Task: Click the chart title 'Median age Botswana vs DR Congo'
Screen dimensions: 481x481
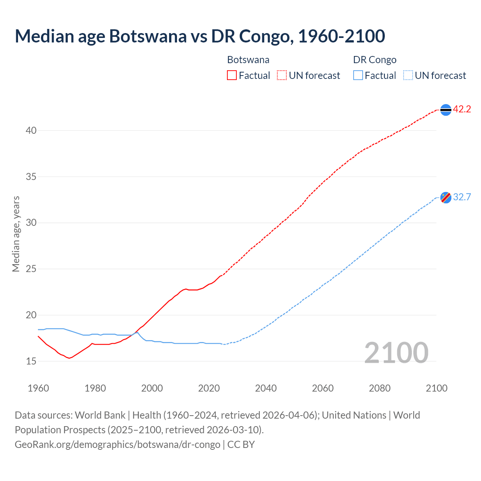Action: (200, 36)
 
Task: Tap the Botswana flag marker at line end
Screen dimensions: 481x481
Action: (446, 109)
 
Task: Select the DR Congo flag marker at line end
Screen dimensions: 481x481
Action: (446, 197)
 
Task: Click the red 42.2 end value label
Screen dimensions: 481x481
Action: (462, 109)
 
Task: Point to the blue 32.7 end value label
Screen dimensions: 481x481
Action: (462, 197)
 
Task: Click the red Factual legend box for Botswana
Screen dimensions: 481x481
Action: (232, 76)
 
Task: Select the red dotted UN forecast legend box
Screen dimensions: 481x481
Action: (282, 76)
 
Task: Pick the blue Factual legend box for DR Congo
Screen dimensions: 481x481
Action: (358, 76)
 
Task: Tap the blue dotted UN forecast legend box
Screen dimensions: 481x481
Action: (408, 76)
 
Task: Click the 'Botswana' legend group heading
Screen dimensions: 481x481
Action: (248, 60)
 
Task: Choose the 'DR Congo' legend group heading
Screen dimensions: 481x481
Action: (375, 60)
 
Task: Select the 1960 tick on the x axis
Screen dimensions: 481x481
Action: (38, 388)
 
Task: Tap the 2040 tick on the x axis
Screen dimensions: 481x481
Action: (266, 388)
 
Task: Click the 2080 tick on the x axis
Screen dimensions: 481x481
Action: (380, 388)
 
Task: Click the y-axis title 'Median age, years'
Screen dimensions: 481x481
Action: (16, 234)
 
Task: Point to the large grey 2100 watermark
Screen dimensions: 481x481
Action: (396, 352)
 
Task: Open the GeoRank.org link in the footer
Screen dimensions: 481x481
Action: (117, 445)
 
